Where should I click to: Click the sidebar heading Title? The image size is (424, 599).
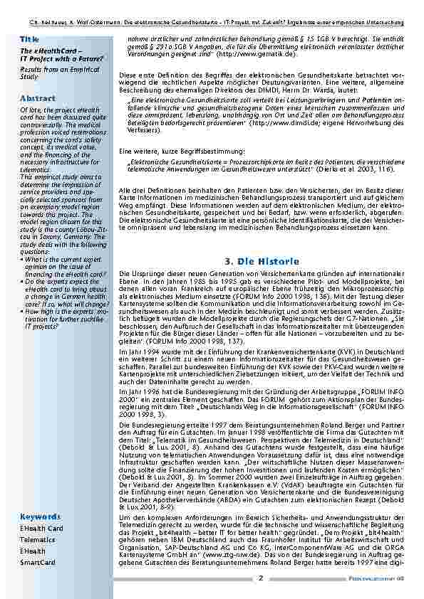click(x=30, y=38)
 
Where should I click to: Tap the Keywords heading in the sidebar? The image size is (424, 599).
click(x=41, y=516)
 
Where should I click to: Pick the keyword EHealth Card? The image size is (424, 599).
click(x=41, y=529)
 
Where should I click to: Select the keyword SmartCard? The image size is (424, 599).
click(x=38, y=563)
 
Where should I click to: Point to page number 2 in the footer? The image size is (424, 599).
click(x=260, y=578)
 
